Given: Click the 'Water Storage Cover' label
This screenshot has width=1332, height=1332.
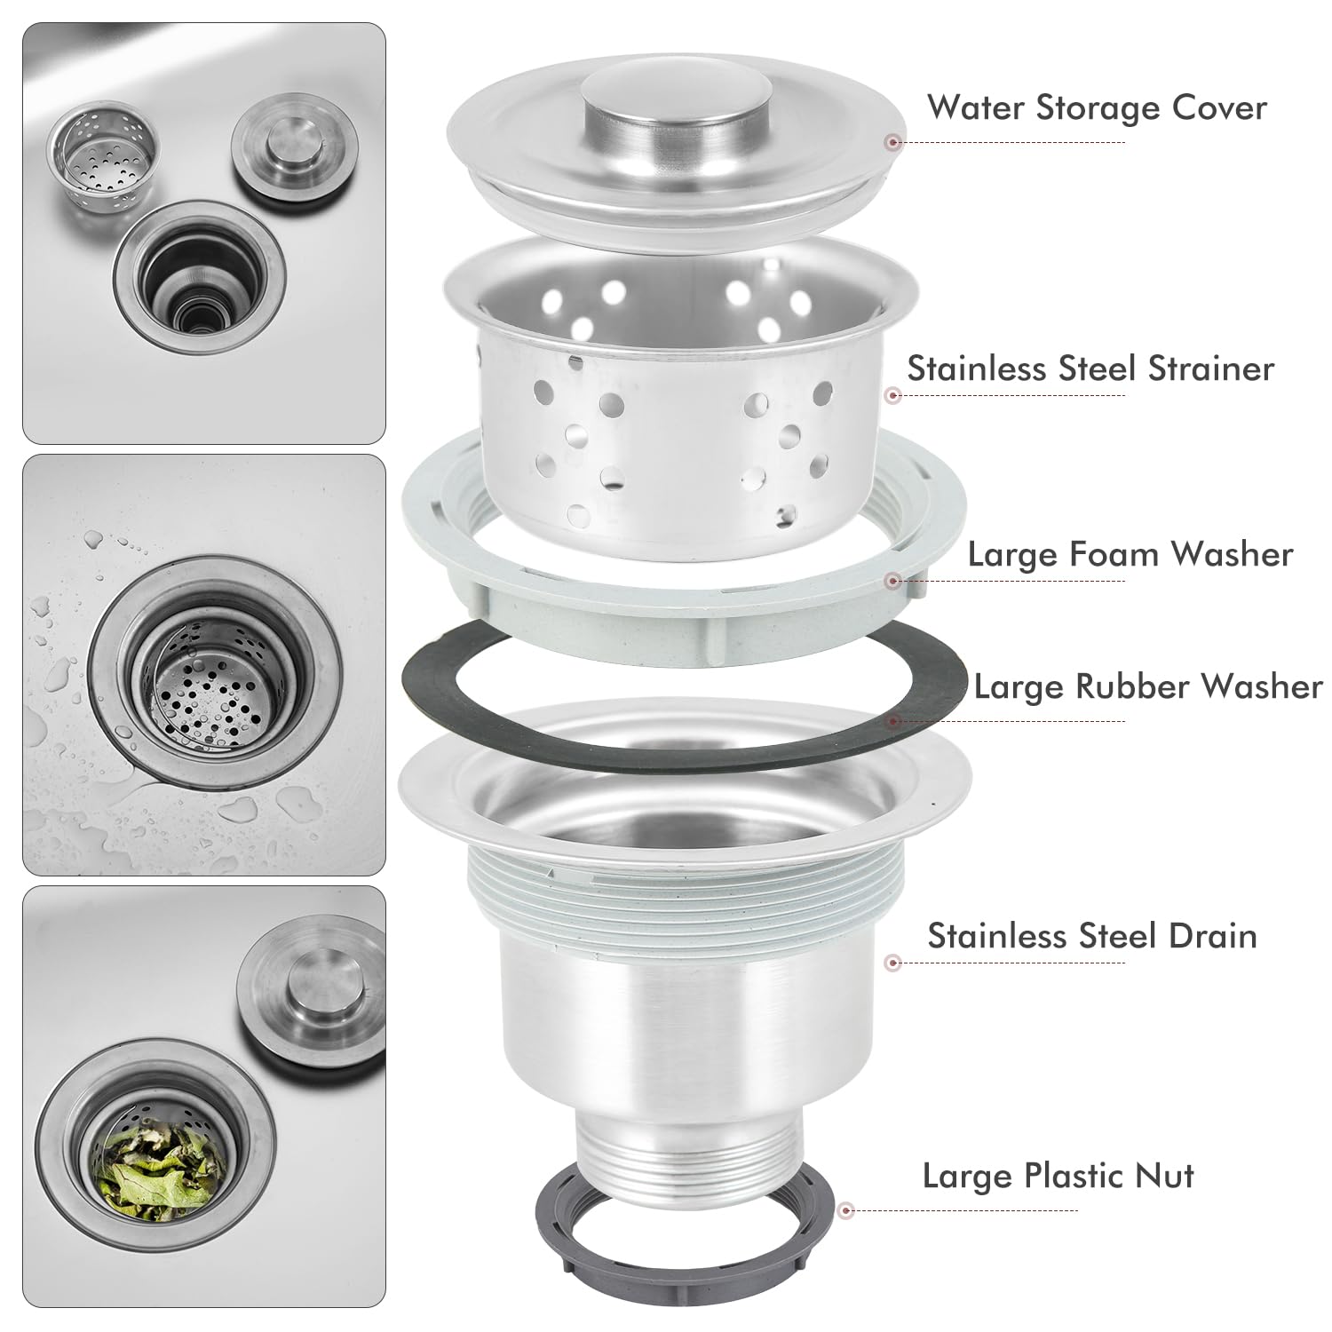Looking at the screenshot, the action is pyautogui.click(x=1097, y=107).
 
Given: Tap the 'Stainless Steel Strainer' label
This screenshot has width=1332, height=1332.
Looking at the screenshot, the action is pyautogui.click(x=1090, y=368).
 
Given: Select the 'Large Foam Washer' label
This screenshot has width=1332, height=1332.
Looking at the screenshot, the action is pyautogui.click(x=1130, y=554).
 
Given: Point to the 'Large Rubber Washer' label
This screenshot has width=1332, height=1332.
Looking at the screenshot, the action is pyautogui.click(x=1148, y=686).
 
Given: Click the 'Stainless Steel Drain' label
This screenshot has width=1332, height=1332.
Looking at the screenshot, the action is pyautogui.click(x=1092, y=936).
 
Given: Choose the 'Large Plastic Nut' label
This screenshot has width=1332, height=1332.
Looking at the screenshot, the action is pyautogui.click(x=1058, y=1176).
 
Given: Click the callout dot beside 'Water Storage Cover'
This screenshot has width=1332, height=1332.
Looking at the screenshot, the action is pyautogui.click(x=894, y=141).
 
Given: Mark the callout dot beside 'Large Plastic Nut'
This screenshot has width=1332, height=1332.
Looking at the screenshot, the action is pyautogui.click(x=846, y=1209).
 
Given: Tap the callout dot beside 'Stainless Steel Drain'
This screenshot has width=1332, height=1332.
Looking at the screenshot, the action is pyautogui.click(x=894, y=963).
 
